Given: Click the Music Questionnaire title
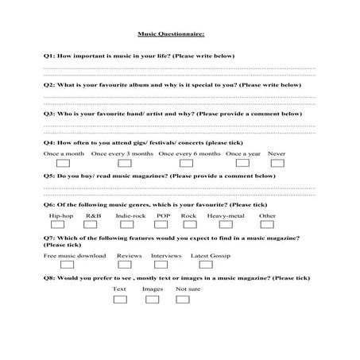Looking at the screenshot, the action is (x=171, y=34).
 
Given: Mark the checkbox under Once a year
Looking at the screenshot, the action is (x=242, y=163).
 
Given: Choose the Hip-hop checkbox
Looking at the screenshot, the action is (x=61, y=225).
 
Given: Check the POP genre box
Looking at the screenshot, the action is (x=162, y=225).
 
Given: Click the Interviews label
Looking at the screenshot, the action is (x=165, y=256).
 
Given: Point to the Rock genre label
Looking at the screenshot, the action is (x=188, y=215).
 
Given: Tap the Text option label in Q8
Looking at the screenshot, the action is (x=119, y=289).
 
